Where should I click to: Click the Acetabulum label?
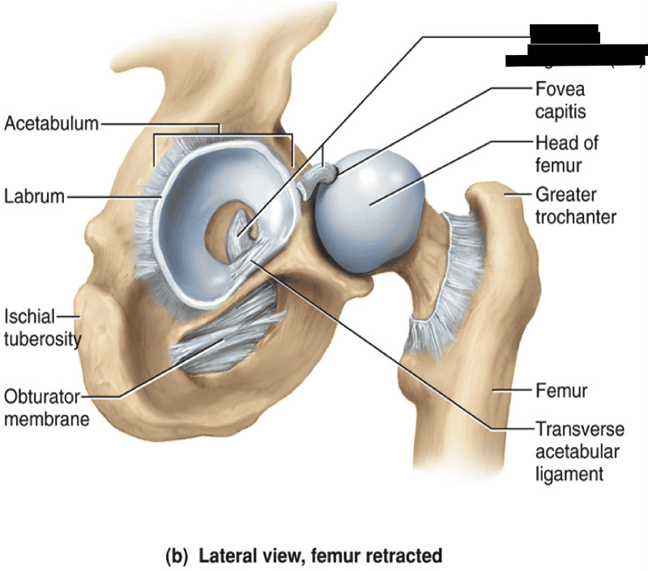(51, 124)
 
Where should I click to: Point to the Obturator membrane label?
(46, 408)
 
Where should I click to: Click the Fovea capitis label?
(560, 99)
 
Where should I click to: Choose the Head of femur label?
(566, 154)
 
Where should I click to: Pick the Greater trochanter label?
(575, 206)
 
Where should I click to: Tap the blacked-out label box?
(575, 45)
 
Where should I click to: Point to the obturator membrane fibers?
(219, 340)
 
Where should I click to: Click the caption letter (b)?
(176, 556)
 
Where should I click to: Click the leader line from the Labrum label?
(113, 197)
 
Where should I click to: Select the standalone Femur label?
(561, 391)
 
